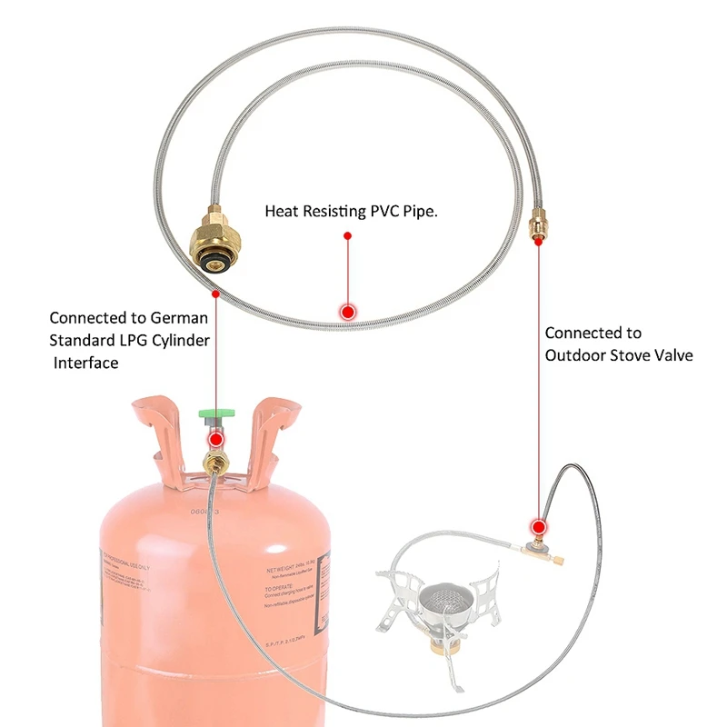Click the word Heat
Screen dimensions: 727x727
[284, 211]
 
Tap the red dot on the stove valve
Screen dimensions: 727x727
[539, 525]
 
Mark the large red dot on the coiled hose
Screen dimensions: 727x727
[346, 312]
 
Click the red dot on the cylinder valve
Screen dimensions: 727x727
[215, 440]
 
